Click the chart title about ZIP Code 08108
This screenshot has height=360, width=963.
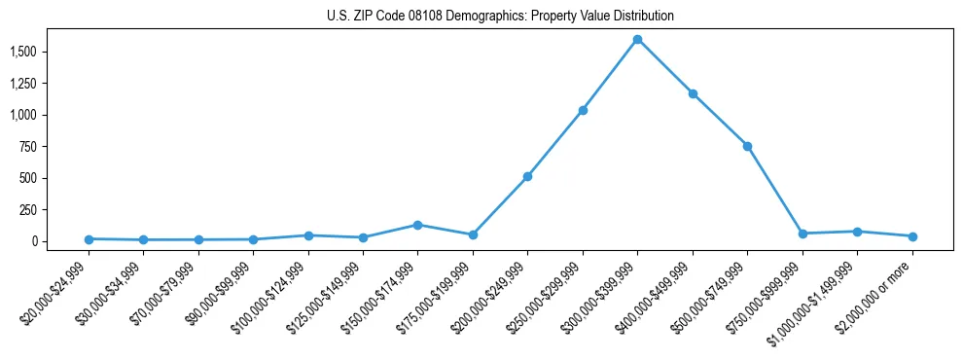(x=481, y=17)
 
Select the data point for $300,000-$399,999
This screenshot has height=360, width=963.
(x=637, y=40)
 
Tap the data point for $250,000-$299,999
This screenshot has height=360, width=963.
(x=583, y=110)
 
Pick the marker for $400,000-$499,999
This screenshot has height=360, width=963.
(x=693, y=93)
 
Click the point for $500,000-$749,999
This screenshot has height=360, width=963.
(x=747, y=146)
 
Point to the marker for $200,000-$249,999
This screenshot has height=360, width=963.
(x=527, y=176)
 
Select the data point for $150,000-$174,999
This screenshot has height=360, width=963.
(x=417, y=225)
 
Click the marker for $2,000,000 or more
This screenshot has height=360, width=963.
(x=912, y=236)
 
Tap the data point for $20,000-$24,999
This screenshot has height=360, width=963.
(x=89, y=238)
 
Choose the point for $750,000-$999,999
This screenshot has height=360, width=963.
(x=802, y=234)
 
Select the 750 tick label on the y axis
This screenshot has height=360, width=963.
(x=28, y=147)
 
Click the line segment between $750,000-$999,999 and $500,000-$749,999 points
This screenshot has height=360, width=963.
(x=775, y=190)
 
